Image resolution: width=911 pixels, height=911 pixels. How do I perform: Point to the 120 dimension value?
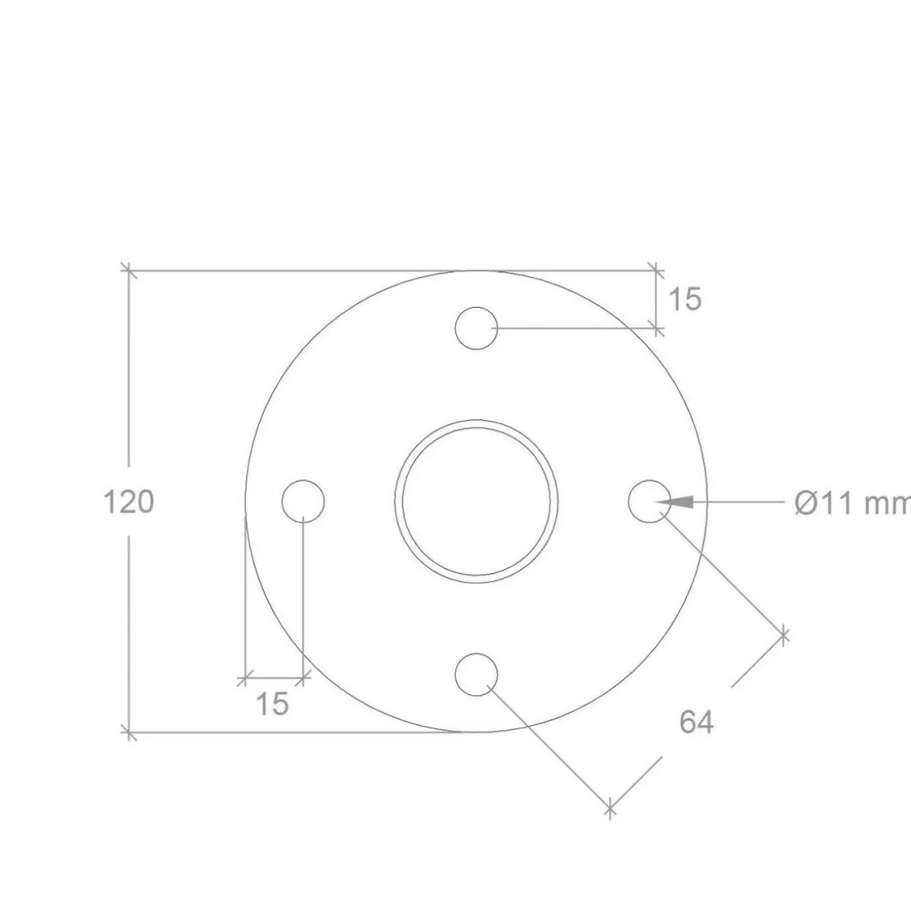point(129,502)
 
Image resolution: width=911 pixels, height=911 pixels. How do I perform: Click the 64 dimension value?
point(696,722)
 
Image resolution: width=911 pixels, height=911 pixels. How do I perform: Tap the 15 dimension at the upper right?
point(685,299)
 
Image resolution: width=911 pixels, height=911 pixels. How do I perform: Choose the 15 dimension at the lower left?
point(273,704)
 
